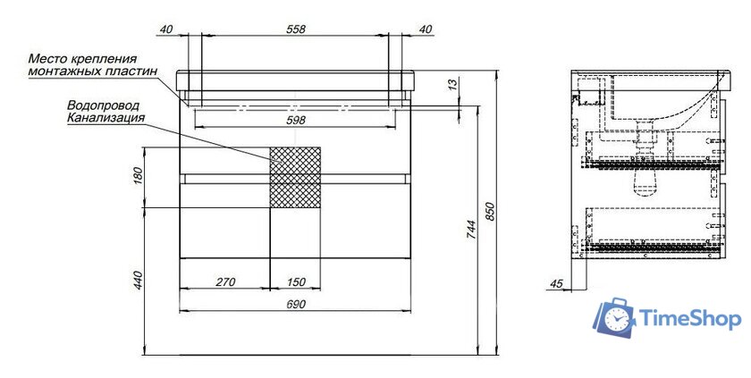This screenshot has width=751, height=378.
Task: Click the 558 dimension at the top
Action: (x=296, y=29)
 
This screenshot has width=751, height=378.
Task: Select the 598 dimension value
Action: (x=296, y=120)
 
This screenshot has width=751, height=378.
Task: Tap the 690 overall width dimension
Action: (x=296, y=305)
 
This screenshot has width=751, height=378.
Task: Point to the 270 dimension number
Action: (x=224, y=282)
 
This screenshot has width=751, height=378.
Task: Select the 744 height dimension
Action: (x=471, y=232)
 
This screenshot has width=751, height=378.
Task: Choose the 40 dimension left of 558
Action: (x=165, y=29)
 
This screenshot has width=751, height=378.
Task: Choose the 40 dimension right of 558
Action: (x=426, y=29)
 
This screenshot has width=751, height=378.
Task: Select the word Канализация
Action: (x=105, y=118)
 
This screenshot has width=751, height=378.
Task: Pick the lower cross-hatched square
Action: (x=295, y=190)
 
